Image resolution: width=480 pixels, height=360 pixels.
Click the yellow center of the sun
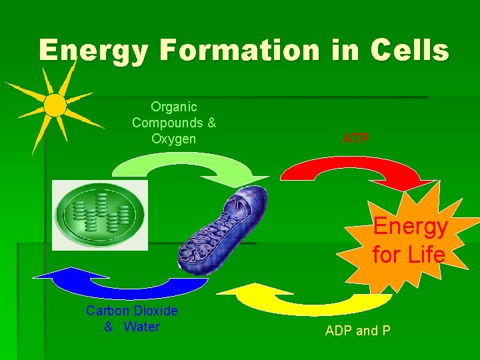[55, 105]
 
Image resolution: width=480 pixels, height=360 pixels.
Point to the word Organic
[174, 107]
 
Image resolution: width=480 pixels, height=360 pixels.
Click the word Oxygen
[174, 139]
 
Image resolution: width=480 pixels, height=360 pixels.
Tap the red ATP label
[356, 139]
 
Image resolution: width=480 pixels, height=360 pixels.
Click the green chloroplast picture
[100, 215]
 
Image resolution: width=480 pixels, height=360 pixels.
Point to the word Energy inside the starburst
[410, 227]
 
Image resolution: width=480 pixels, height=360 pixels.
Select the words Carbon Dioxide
[132, 311]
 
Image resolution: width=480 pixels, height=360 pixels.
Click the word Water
[141, 327]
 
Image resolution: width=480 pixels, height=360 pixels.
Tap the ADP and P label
[357, 331]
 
